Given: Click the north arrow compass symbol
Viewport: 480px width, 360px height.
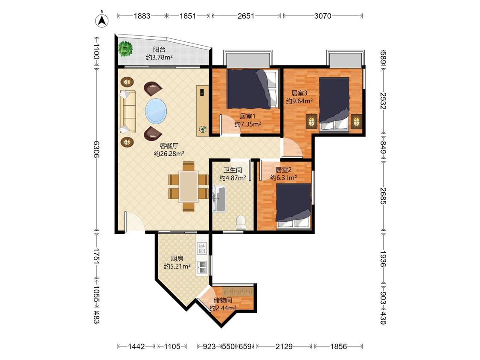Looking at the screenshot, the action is click(102, 20).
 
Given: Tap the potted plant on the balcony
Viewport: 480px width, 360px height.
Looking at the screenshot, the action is click(125, 48).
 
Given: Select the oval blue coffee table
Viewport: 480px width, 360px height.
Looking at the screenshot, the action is click(156, 111).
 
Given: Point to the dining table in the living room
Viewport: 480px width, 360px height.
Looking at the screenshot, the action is click(189, 187).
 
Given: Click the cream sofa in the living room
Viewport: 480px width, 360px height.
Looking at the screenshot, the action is click(127, 111).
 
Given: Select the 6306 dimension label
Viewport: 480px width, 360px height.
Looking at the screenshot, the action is click(96, 149).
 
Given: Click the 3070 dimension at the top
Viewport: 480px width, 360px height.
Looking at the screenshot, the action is click(323, 16).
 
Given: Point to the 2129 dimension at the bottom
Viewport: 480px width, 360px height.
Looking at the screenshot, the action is click(284, 346).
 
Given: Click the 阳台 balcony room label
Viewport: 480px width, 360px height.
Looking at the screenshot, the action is click(159, 49).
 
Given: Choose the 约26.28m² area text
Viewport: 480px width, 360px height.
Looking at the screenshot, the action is click(169, 154).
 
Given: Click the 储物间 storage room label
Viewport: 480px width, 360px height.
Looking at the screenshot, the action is click(223, 300).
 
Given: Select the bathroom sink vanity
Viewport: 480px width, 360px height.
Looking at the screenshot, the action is click(219, 199).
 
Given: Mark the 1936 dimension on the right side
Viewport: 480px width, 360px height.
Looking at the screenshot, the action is click(383, 258).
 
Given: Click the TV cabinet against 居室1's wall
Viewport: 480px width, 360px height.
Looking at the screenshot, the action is click(203, 110).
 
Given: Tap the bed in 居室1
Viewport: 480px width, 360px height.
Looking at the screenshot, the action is click(253, 89).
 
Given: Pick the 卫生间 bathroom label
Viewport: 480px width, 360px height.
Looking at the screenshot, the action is click(233, 170).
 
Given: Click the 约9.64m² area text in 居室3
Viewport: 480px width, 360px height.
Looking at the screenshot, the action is click(300, 101).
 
